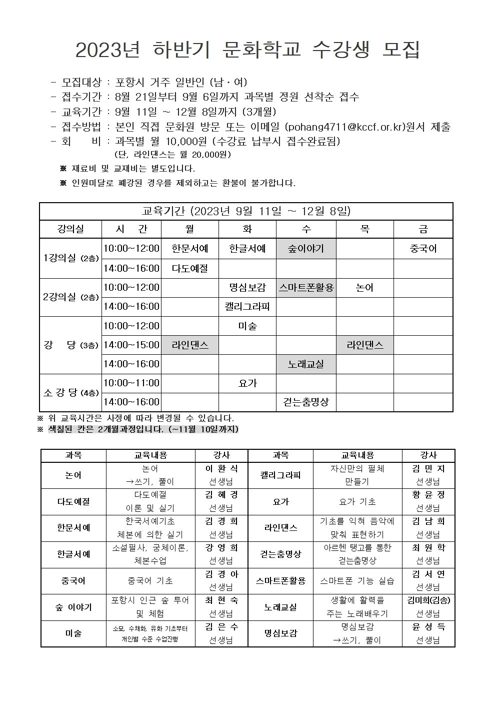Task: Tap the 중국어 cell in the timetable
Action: click(423, 249)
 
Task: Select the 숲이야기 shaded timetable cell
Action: click(305, 249)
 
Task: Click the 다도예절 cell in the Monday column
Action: click(189, 268)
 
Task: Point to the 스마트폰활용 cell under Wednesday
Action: click(305, 288)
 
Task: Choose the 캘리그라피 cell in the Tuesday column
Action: click(247, 306)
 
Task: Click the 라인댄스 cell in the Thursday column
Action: click(364, 345)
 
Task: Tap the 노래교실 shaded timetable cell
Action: click(305, 364)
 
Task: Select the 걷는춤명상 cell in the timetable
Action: click(305, 402)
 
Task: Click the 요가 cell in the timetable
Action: click(247, 383)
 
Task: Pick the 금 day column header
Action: click(423, 229)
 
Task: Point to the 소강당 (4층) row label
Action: click(70, 393)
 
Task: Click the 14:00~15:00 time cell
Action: click(131, 345)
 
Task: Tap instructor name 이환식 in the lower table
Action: click(221, 469)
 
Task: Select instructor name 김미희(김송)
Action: click(428, 600)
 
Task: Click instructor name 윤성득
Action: click(428, 627)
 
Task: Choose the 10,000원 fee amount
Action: click(186, 141)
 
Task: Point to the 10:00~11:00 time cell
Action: click(131, 383)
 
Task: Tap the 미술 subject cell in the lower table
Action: click(73, 633)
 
